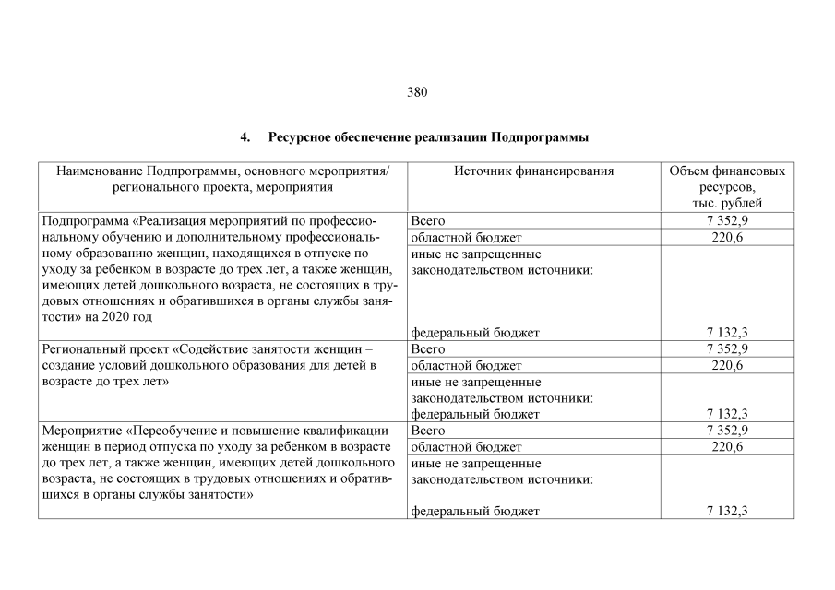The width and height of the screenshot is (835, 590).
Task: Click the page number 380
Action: [417, 92]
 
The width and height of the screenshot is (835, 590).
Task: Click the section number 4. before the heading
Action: [245, 137]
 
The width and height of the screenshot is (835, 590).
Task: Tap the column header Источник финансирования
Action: [533, 171]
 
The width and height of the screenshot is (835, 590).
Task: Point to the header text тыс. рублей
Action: [727, 203]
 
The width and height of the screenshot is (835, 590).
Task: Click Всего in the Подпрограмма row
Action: [427, 221]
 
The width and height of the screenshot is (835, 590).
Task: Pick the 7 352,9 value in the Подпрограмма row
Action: [727, 221]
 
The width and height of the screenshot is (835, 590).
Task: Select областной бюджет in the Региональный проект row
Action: [466, 365]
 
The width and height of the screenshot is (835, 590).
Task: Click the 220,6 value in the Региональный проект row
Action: [727, 365]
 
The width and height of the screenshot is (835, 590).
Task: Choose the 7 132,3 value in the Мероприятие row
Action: [727, 511]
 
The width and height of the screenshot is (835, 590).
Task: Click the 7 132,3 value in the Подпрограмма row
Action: [727, 333]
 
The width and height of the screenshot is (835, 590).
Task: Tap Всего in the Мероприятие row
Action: [427, 431]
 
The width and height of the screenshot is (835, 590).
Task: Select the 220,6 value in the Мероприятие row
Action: [727, 447]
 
